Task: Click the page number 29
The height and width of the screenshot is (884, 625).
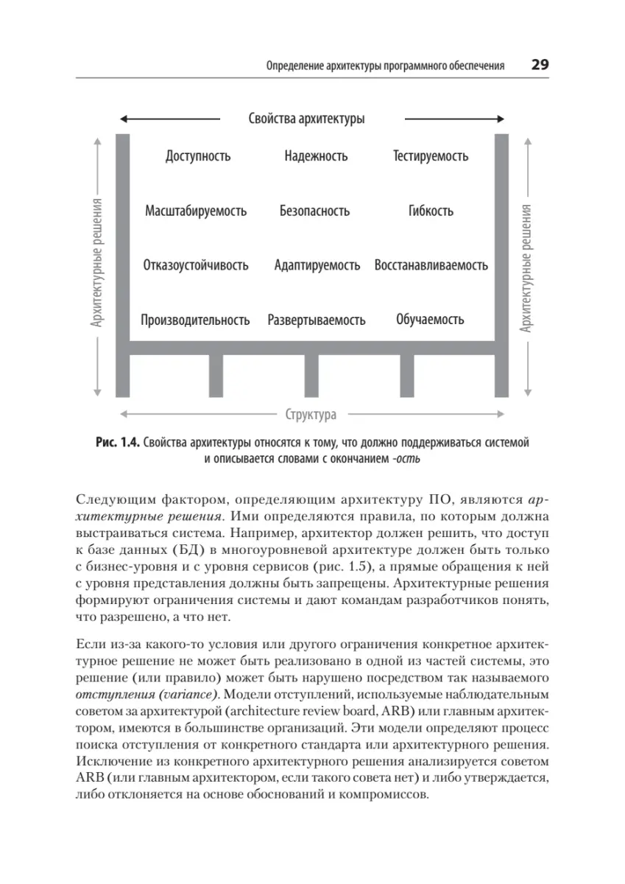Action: pyautogui.click(x=540, y=65)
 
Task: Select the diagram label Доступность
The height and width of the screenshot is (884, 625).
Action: pyautogui.click(x=198, y=156)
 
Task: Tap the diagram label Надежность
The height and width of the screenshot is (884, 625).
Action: pyautogui.click(x=315, y=156)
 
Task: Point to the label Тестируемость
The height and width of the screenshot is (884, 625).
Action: pyautogui.click(x=431, y=156)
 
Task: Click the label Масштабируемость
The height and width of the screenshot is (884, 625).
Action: pyautogui.click(x=196, y=211)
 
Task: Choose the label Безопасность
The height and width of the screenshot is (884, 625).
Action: pyautogui.click(x=314, y=211)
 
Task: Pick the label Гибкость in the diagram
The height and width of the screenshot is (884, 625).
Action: pyautogui.click(x=431, y=211)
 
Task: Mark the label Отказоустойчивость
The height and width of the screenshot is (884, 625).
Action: pyautogui.click(x=196, y=265)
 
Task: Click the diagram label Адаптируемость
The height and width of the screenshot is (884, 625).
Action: pyautogui.click(x=317, y=265)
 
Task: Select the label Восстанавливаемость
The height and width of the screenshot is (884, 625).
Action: pyautogui.click(x=431, y=265)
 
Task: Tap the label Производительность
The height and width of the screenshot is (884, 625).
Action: pyautogui.click(x=195, y=320)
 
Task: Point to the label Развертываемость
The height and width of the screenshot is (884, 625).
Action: pyautogui.click(x=317, y=320)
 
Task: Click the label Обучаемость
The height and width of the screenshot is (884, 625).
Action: pyautogui.click(x=430, y=320)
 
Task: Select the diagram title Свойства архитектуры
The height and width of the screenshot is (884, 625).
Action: pyautogui.click(x=306, y=119)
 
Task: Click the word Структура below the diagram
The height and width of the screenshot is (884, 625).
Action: pyautogui.click(x=311, y=414)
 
